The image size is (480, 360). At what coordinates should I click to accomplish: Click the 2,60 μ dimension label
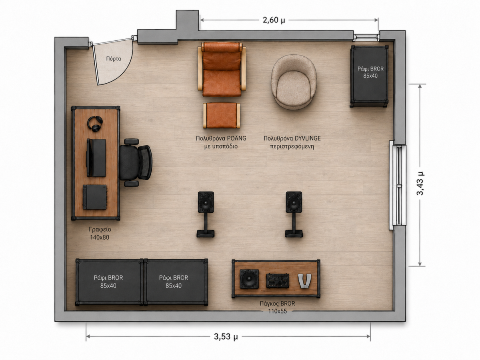(x=274, y=20)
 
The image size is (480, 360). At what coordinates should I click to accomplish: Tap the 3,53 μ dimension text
(x=226, y=336)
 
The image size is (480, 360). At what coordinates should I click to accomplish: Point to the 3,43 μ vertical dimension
(x=420, y=183)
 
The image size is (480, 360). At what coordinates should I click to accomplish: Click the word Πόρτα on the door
(x=114, y=58)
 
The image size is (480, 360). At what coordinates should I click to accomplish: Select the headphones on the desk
(x=95, y=124)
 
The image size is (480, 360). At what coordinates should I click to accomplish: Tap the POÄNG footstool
(x=222, y=116)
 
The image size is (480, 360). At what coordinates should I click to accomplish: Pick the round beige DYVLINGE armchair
(x=294, y=82)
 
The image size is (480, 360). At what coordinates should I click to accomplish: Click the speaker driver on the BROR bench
(x=249, y=279)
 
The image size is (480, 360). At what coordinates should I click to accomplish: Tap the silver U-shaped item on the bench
(x=304, y=281)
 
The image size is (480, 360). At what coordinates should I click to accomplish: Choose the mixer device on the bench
(x=278, y=280)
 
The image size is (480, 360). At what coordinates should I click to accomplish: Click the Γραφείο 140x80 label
(x=100, y=233)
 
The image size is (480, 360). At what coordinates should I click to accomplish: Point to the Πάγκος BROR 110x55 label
(x=277, y=307)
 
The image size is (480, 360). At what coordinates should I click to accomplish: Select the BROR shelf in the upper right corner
(x=369, y=76)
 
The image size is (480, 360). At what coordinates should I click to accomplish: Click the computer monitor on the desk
(x=96, y=158)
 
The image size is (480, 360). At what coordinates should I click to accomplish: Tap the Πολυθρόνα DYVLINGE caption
(x=292, y=142)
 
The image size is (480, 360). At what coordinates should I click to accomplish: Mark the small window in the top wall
(x=366, y=37)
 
